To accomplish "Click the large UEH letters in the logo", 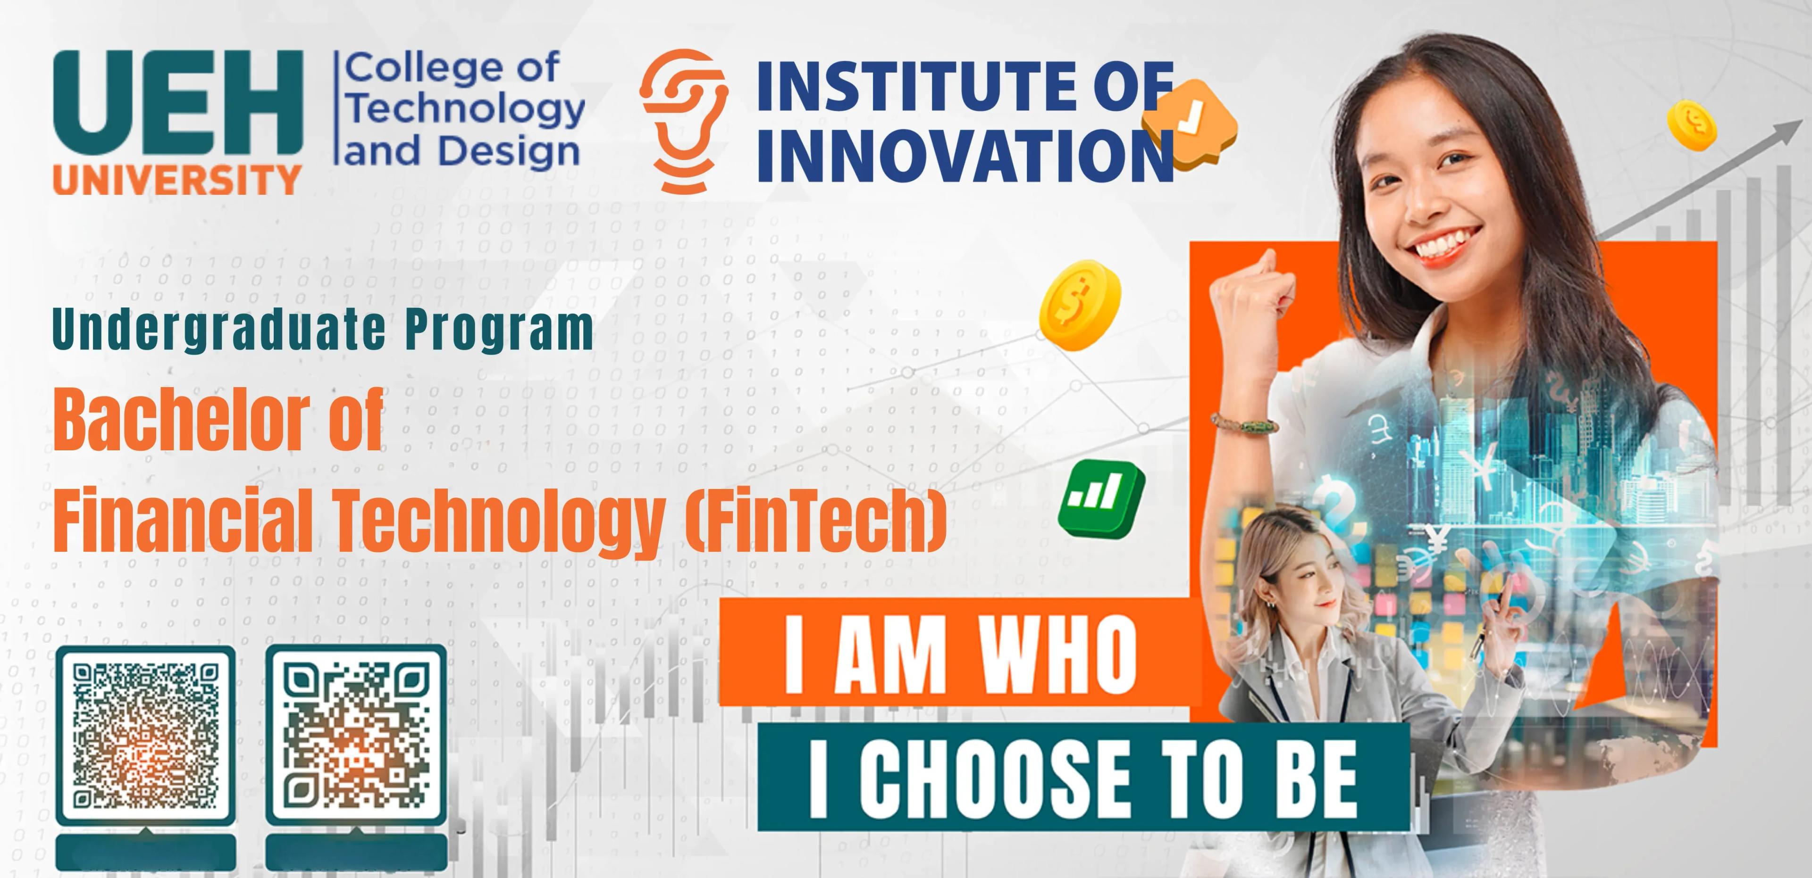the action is tap(178, 103).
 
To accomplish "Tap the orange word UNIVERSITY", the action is tap(177, 180).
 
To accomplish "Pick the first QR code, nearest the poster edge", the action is tap(146, 736).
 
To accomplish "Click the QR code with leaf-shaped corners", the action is tap(356, 736).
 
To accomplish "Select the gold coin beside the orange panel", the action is tap(1079, 305).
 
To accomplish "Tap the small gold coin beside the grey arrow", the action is tap(1692, 125).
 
